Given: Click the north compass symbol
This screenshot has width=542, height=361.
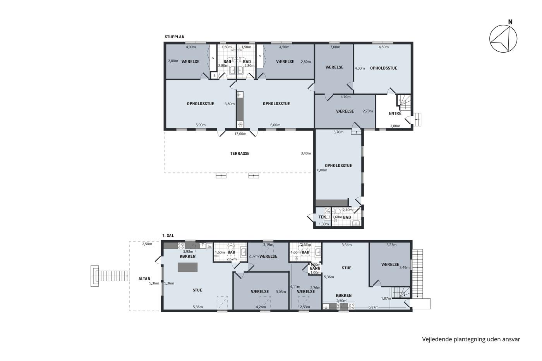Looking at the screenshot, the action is [503, 39].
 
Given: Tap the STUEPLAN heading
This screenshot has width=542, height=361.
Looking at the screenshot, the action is [175, 37].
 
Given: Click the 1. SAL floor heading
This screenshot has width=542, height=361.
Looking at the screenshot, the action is [168, 236].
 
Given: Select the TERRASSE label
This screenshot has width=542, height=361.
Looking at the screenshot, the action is [240, 154].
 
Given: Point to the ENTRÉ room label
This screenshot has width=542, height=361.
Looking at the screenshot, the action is [395, 113].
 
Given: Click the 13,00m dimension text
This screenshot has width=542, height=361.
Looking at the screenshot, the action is [240, 134].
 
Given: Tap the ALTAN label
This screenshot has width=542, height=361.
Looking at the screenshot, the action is [144, 279].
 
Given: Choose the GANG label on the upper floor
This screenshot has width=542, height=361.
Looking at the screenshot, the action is [315, 268].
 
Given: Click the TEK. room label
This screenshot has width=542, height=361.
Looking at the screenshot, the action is [322, 217].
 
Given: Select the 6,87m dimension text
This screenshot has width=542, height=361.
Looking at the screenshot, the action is [373, 307].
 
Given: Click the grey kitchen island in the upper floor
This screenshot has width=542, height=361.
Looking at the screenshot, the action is [187, 267].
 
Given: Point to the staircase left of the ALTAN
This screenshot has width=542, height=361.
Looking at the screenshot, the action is [110, 276].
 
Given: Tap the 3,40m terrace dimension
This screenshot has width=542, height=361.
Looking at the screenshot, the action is [306, 153].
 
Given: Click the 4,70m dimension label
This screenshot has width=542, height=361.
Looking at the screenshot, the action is [345, 97].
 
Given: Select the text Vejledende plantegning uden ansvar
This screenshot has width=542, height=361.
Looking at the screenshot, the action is [471, 339].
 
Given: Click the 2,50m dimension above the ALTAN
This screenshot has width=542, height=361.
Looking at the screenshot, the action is [147, 244].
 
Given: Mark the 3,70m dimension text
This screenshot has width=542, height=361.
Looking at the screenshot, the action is [338, 132].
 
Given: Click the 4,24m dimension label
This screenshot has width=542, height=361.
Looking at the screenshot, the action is [261, 307].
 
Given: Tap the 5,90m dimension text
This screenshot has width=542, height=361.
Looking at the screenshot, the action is [201, 125].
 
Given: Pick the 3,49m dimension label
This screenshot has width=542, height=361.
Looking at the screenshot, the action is [404, 268].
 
